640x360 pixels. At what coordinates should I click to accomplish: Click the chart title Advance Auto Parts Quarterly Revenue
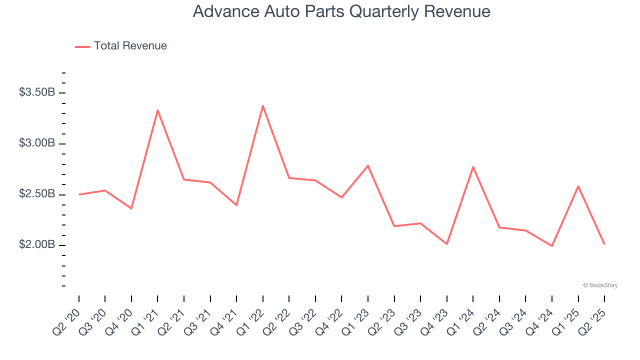point(341,11)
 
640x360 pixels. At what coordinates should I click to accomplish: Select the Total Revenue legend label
point(130,46)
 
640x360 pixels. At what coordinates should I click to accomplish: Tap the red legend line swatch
point(82,46)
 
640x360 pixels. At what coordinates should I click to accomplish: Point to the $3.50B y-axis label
point(37,92)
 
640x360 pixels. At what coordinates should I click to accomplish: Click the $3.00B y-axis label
point(37,143)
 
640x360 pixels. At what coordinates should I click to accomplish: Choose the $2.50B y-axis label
point(37,194)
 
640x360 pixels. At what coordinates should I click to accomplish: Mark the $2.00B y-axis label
point(37,245)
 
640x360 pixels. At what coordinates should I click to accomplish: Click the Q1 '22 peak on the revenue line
point(262,105)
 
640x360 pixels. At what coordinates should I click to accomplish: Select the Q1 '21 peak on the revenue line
point(157,110)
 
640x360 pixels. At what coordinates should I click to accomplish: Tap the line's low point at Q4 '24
point(552,246)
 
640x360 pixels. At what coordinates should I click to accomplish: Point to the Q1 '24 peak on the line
point(473,167)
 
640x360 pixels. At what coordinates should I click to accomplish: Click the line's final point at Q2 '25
point(604,244)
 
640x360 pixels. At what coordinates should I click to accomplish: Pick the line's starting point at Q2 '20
point(79,194)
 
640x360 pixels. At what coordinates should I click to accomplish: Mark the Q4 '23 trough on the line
point(446,244)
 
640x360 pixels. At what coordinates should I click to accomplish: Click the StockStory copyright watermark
point(600,285)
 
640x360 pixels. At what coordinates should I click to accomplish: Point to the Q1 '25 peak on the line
point(578,186)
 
